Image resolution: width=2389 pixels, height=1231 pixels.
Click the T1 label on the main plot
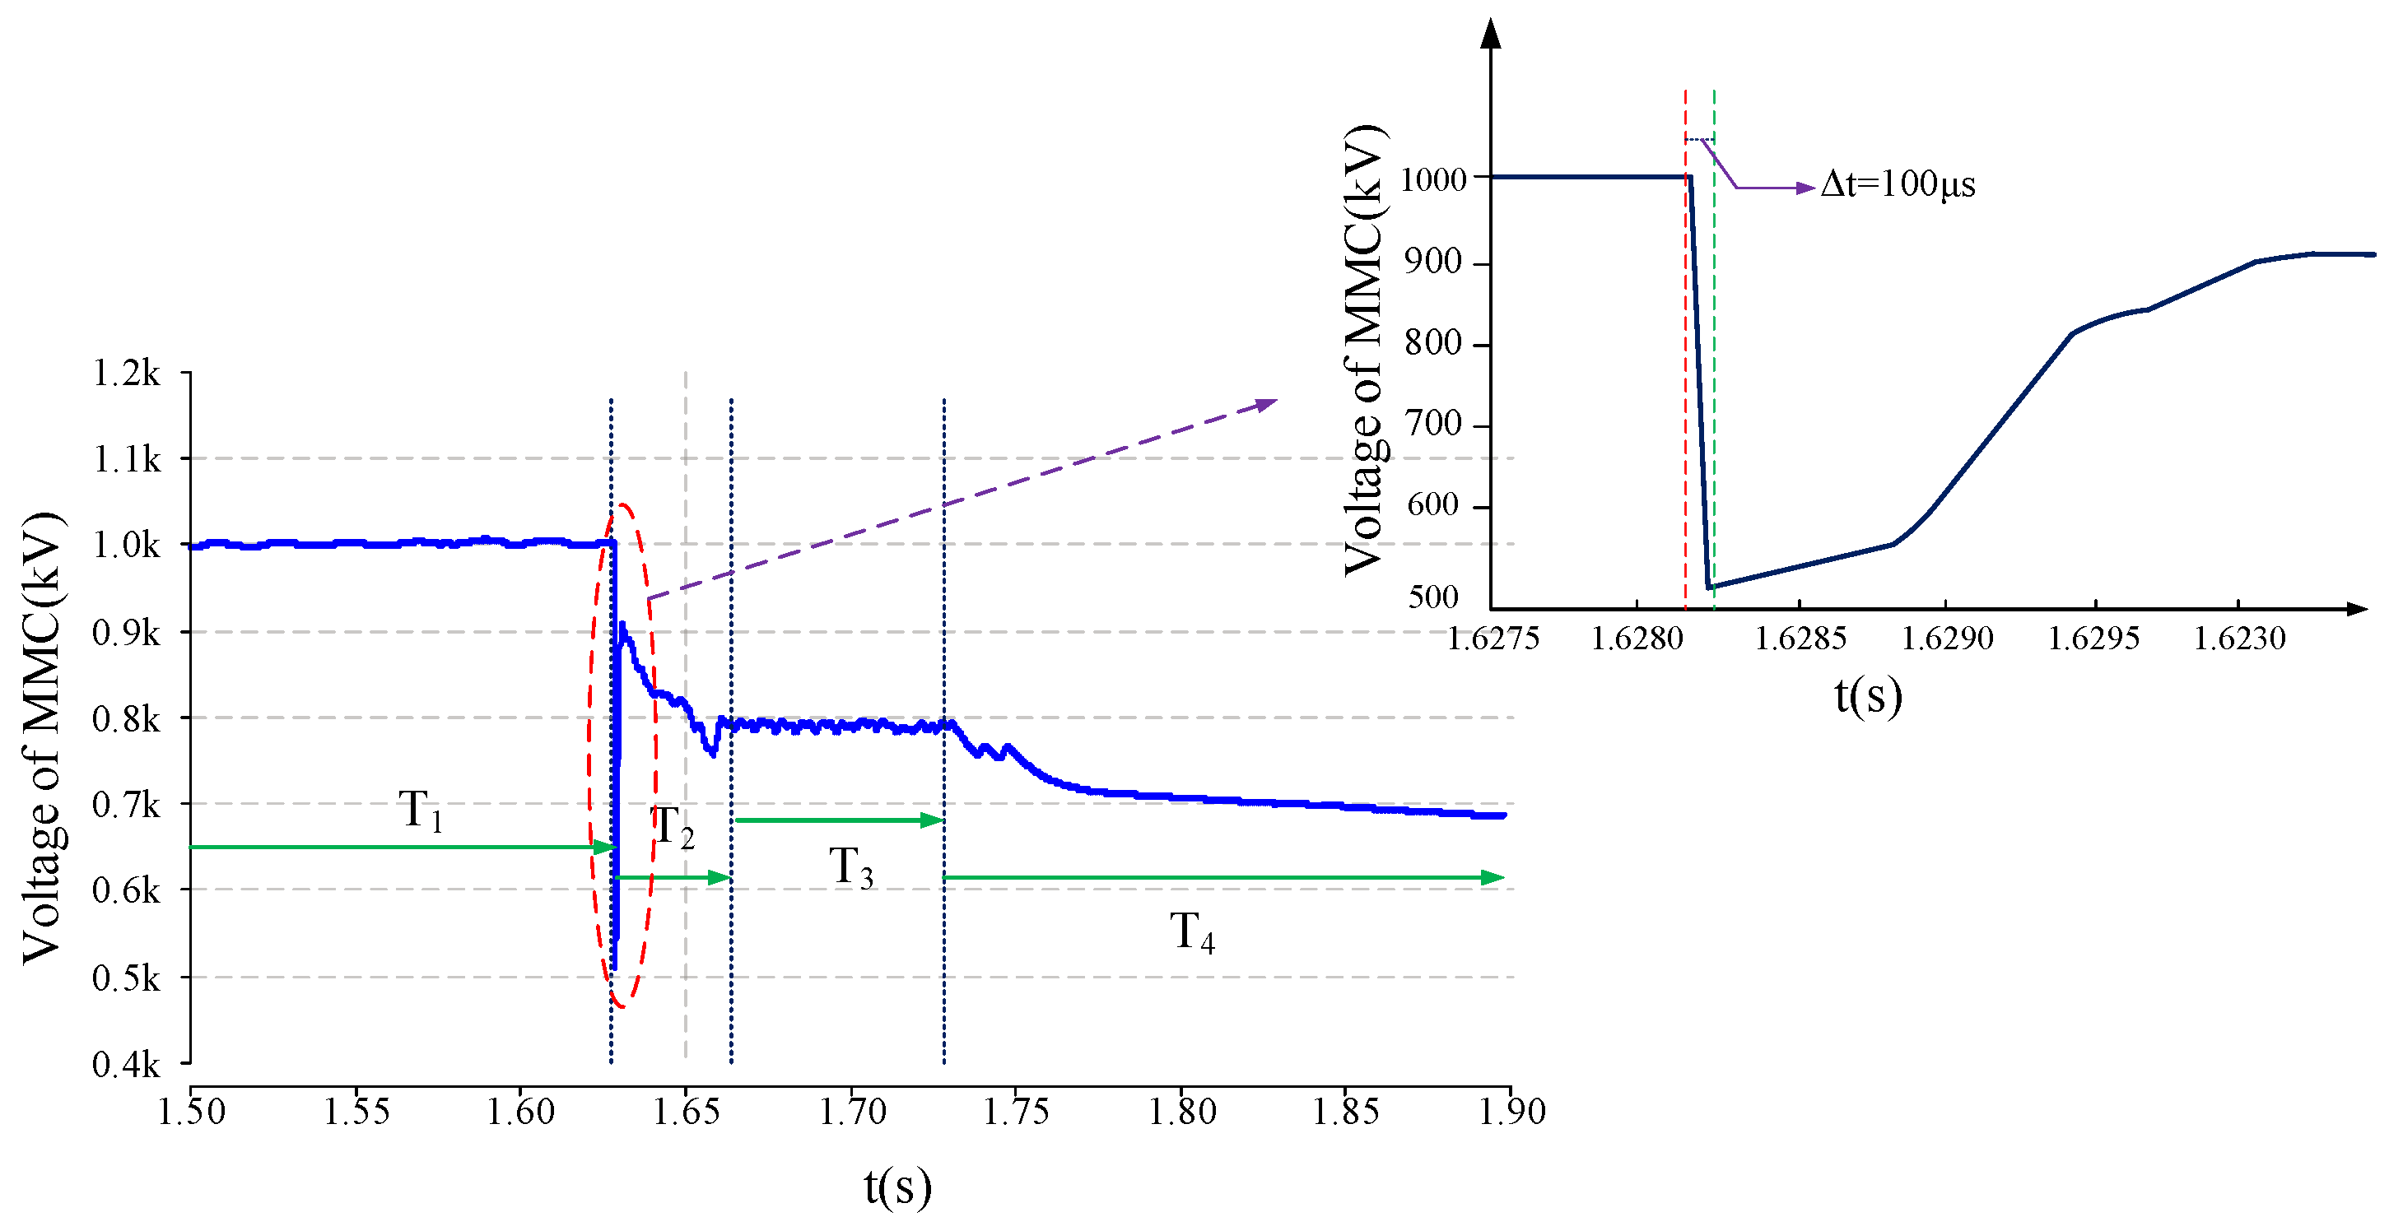[420, 811]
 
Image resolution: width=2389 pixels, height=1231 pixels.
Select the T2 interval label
[673, 826]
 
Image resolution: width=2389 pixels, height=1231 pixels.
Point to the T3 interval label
[850, 867]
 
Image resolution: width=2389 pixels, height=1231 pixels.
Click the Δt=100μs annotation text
[1898, 183]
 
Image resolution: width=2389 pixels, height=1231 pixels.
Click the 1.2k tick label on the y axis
[126, 374]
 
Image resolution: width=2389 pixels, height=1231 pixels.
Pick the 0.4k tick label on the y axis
[126, 1065]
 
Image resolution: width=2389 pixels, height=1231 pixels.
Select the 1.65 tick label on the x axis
[687, 1112]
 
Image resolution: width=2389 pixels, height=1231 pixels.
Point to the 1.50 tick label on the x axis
[191, 1112]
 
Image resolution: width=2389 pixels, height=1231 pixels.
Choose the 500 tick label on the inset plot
[1434, 597]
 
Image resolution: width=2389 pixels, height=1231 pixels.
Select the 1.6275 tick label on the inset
[1493, 639]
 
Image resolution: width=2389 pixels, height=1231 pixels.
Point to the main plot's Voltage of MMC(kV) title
[44, 737]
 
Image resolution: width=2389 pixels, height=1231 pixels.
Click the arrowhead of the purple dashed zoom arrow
[1267, 404]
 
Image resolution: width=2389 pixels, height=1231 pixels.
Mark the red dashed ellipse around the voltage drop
[589, 755]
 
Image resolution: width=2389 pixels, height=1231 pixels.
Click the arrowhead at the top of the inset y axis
[1490, 34]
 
